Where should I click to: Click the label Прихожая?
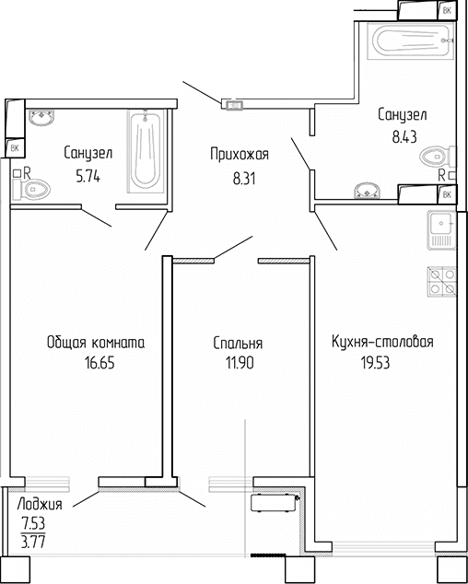234,154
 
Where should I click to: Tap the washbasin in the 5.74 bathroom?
41,118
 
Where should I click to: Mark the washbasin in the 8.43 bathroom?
367,191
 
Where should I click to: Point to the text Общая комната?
96,343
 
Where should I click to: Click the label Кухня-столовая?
382,343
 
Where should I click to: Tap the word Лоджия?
41,505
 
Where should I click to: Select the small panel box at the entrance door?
233,105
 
